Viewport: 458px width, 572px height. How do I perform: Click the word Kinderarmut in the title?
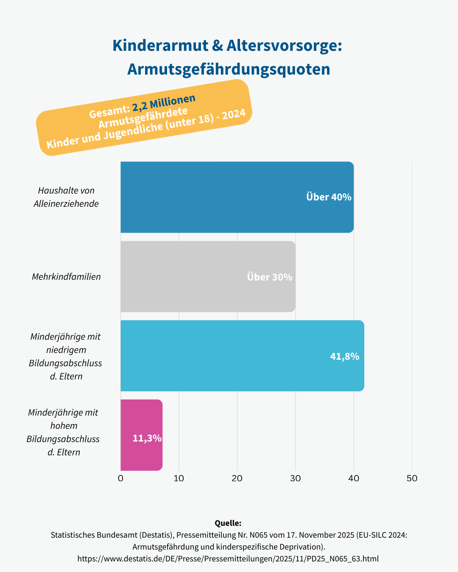click(160, 46)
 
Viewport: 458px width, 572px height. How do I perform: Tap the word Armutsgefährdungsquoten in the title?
click(229, 69)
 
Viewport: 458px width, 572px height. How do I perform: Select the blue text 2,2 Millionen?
click(164, 102)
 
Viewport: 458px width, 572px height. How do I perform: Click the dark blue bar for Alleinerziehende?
click(212, 197)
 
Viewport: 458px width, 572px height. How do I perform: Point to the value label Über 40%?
click(329, 197)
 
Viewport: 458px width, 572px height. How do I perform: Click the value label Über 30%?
click(270, 277)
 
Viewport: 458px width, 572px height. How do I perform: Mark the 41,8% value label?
click(344, 356)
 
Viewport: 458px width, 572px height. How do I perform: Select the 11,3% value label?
click(147, 438)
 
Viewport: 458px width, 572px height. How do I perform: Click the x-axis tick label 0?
click(121, 478)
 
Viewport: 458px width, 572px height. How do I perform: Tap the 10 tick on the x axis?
click(179, 478)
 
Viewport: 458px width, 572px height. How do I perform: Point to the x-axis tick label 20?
click(237, 478)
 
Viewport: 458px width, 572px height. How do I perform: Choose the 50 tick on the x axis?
click(412, 478)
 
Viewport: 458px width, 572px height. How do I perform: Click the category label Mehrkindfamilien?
click(66, 277)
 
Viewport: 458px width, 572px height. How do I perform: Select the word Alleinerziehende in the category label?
click(66, 204)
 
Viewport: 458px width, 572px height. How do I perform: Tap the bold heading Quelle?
click(228, 523)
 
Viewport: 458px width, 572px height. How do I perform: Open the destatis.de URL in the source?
click(228, 558)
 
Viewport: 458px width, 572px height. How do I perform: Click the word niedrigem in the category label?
click(66, 350)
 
